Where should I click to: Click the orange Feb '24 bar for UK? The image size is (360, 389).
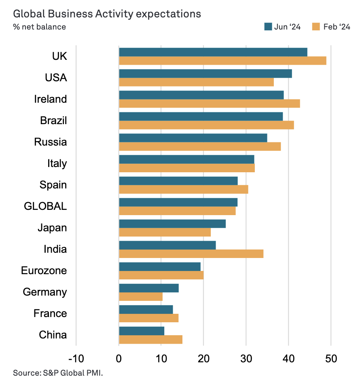coord(222,61)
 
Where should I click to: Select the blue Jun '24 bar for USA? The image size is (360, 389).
coord(205,74)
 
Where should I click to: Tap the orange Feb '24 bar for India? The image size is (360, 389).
coord(191,254)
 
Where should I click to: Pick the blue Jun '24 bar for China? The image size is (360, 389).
coord(142,331)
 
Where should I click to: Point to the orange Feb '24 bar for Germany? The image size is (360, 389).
coord(141,297)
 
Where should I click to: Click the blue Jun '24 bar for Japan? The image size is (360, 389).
coord(172,224)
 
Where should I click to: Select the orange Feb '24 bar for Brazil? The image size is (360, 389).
coord(206,125)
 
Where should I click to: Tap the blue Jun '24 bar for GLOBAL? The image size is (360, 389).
coord(178,202)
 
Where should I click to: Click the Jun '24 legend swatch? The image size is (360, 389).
coord(268,27)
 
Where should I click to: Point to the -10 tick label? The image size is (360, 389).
coord(76,358)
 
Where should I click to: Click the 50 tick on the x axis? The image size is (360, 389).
coord(331,358)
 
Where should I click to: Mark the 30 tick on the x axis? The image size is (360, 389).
coord(246,358)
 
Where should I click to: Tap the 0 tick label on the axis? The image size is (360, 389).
coord(119,358)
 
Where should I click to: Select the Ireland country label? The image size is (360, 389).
coord(51,99)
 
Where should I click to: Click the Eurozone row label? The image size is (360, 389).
coord(44,271)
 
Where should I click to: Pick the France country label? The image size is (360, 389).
coord(51,313)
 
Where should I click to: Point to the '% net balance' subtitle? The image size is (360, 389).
coord(39,27)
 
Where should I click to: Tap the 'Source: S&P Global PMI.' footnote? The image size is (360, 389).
coord(58,372)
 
